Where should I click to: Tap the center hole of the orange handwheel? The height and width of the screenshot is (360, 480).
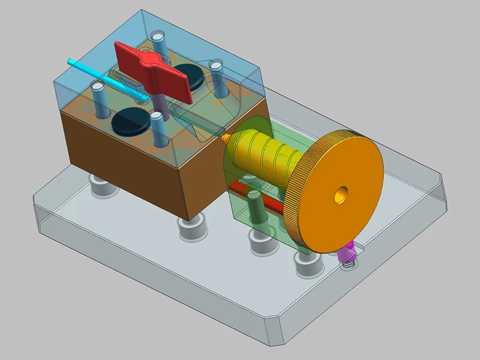pos(341,194)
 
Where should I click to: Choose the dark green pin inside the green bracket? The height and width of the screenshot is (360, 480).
pos(254,210)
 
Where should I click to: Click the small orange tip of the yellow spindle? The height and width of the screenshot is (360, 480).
pos(225,137)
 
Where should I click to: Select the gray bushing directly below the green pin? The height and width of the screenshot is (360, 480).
pos(260,237)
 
